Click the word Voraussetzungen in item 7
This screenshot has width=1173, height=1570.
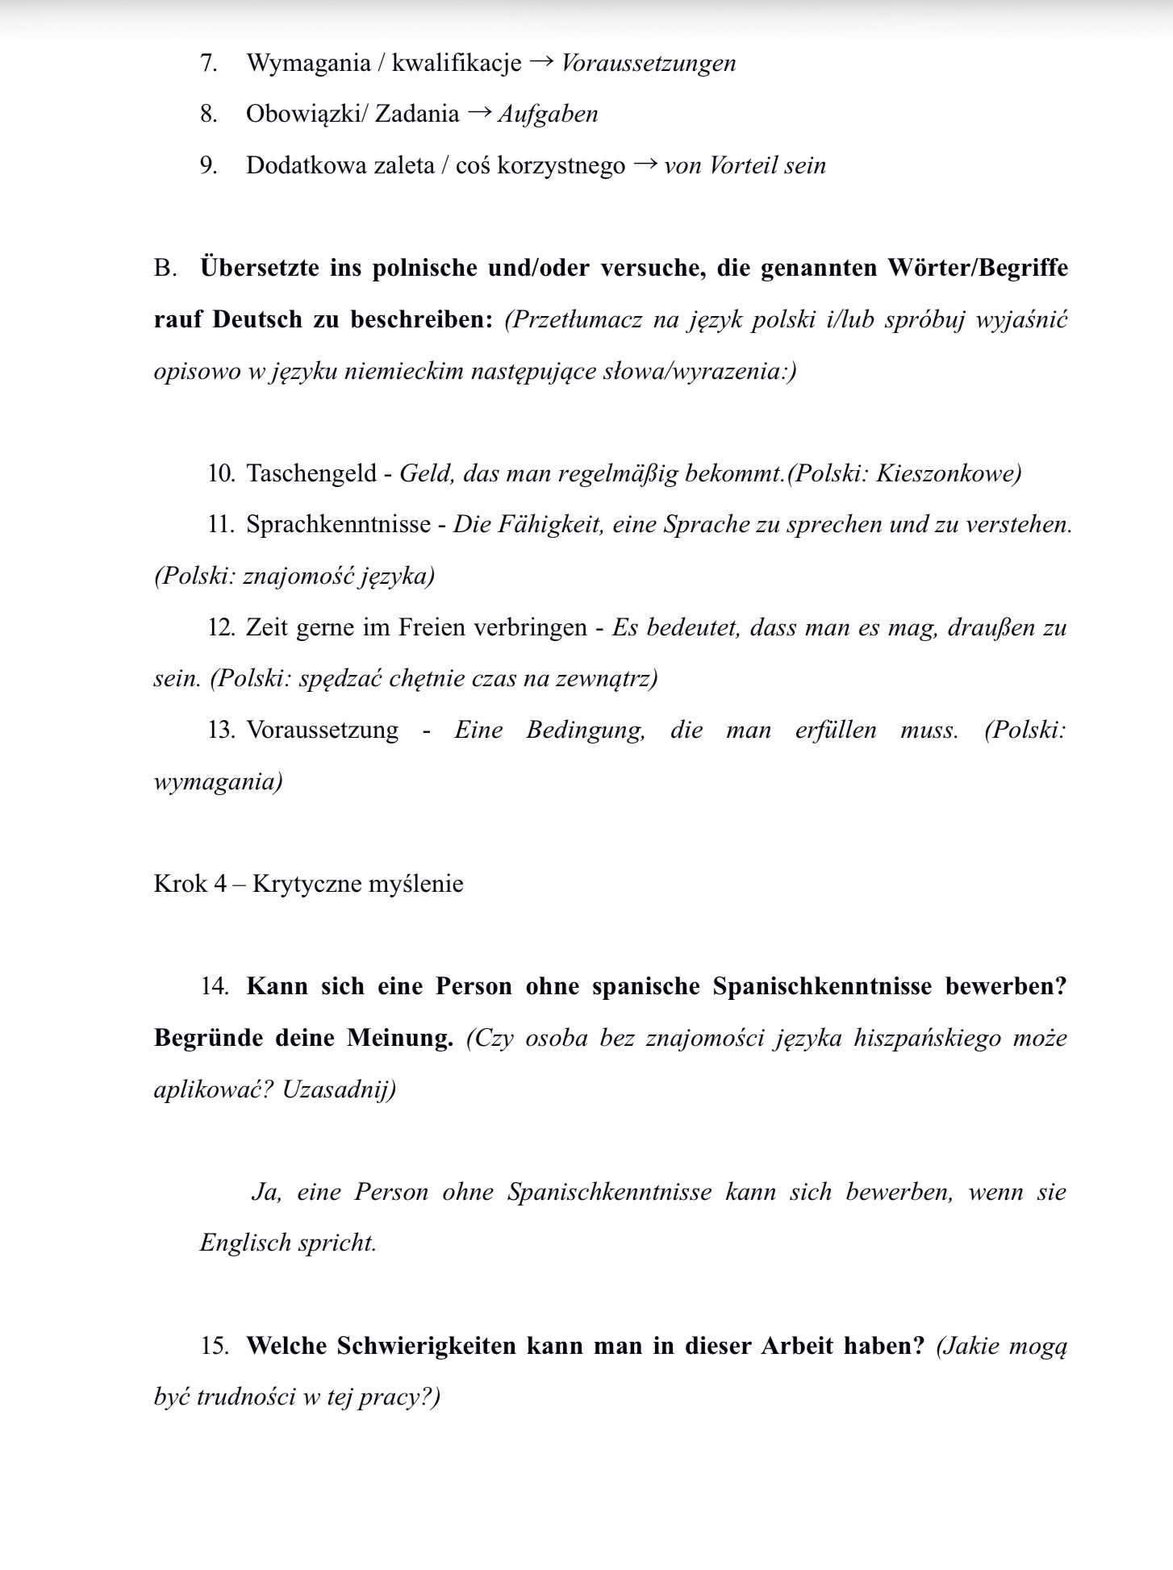[648, 63]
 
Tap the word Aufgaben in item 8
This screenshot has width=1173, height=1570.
[548, 114]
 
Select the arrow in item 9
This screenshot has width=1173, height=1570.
[645, 164]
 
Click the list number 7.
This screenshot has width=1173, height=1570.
[208, 63]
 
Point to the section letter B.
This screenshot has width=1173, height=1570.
[164, 268]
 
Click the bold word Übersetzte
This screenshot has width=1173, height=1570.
[259, 268]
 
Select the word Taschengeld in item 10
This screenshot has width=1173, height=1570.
[311, 473]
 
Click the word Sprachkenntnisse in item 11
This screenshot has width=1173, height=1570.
[338, 524]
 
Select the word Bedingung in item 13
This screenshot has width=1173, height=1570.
[586, 730]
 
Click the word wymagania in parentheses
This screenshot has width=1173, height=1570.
[215, 781]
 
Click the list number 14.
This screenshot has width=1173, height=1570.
[215, 986]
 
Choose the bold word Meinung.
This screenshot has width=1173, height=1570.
[399, 1037]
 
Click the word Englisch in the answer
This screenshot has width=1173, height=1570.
[245, 1243]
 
